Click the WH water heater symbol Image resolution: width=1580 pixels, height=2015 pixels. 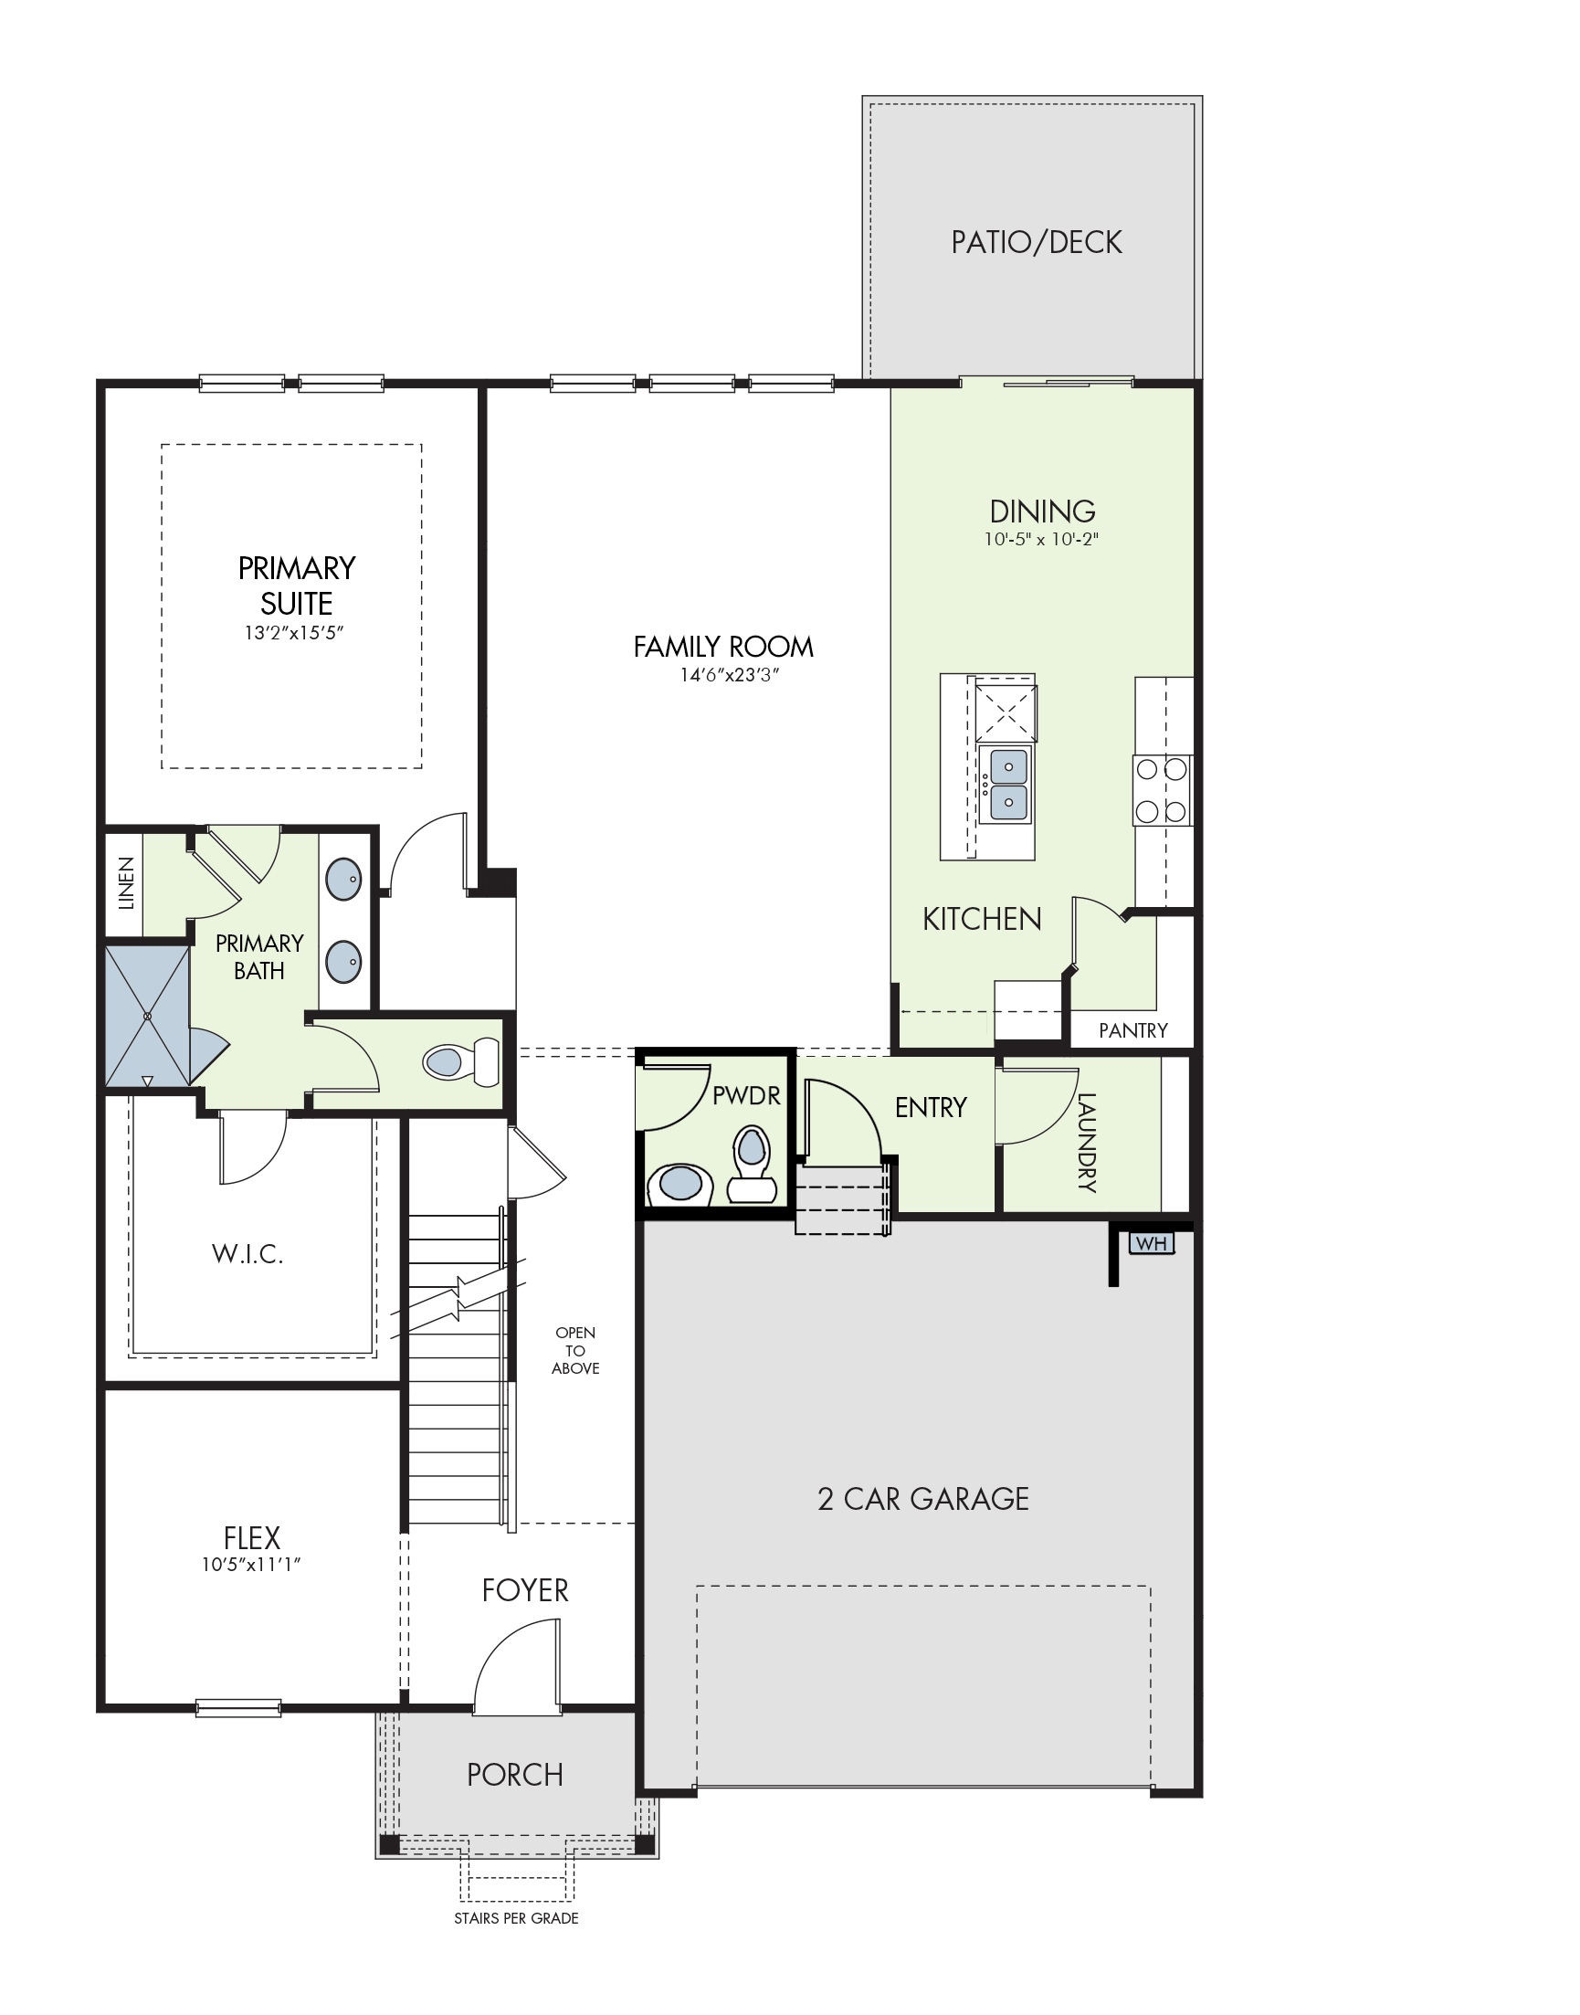[1151, 1243]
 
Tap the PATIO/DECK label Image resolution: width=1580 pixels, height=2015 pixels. [1036, 242]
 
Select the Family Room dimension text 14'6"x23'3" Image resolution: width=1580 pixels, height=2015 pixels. [730, 674]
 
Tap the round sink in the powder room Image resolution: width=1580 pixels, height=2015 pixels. [679, 1184]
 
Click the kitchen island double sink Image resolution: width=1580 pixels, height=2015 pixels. [1006, 785]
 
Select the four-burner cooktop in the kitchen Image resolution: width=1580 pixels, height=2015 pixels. [1162, 790]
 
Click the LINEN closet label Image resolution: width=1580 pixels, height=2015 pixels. [127, 882]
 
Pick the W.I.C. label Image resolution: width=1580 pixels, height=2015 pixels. [247, 1254]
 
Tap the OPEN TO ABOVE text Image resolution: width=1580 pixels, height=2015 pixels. [575, 1351]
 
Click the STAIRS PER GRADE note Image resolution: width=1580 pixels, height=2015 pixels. [516, 1919]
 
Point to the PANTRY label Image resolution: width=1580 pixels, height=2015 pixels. [1132, 1030]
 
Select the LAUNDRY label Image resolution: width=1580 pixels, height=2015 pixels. [1087, 1143]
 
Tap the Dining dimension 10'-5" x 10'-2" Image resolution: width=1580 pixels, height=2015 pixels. [1042, 539]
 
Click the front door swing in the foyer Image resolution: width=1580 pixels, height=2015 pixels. [517, 1665]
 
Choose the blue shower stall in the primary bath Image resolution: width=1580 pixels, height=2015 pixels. [148, 1015]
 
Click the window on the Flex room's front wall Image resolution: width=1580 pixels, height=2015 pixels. [238, 1709]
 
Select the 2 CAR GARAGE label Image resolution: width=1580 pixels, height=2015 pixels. [923, 1499]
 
